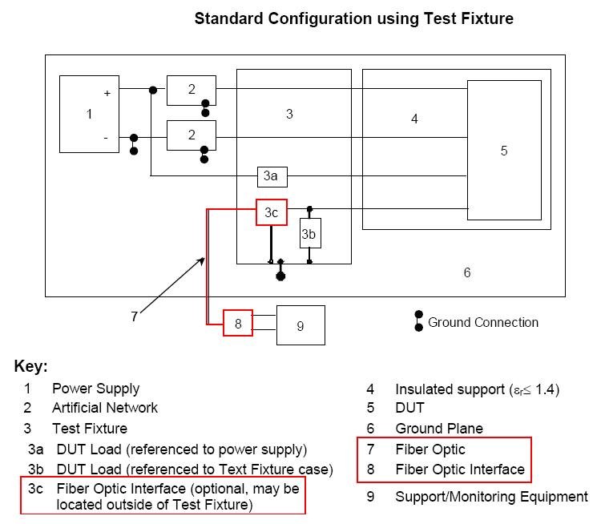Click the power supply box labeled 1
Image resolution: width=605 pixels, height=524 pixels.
(x=90, y=114)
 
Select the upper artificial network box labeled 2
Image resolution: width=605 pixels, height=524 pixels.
(x=191, y=90)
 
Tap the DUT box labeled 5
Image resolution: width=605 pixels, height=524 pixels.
(x=503, y=151)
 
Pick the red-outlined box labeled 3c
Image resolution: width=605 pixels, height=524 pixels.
(x=271, y=212)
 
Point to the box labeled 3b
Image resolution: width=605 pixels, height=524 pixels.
(x=309, y=235)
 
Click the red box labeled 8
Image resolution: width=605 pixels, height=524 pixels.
(x=238, y=323)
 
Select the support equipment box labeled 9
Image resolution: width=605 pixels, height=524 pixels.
(x=300, y=325)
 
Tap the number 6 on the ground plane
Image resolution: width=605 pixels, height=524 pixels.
(x=467, y=272)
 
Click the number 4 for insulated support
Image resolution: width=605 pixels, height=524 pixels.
(x=414, y=119)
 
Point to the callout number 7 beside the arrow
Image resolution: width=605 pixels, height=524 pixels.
(x=135, y=316)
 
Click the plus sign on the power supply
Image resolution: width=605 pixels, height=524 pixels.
(x=107, y=93)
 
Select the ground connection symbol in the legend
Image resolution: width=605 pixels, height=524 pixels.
(x=418, y=321)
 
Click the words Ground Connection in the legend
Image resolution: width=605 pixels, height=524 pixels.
(x=483, y=322)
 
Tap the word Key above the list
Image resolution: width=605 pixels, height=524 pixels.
(x=30, y=367)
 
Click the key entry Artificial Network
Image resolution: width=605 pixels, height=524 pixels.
(x=104, y=408)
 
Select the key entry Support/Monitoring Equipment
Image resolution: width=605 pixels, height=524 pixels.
(x=491, y=497)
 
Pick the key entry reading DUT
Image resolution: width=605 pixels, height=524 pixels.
(x=409, y=408)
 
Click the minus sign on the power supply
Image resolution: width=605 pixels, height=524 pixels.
(x=106, y=137)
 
